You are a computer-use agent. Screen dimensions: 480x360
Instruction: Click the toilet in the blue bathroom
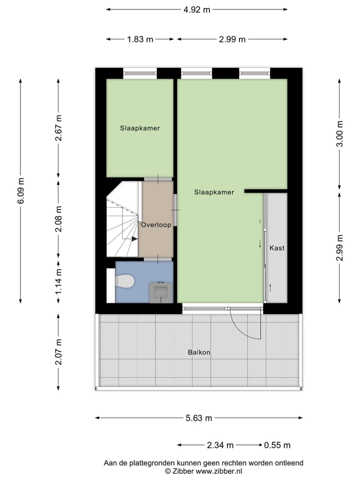(x=125, y=282)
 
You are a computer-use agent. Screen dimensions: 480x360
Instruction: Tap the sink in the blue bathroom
(x=161, y=291)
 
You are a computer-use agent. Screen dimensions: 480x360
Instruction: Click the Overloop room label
(x=156, y=225)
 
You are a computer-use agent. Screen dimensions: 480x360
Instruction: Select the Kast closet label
(x=276, y=248)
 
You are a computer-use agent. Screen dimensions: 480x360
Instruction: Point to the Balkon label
(x=199, y=352)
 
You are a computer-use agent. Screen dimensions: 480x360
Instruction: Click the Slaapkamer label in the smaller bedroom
(x=140, y=128)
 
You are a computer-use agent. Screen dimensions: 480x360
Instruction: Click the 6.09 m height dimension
(x=20, y=190)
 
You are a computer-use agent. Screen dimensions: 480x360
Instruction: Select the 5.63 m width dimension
(x=199, y=418)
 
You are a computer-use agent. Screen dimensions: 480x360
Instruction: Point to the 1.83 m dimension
(x=140, y=39)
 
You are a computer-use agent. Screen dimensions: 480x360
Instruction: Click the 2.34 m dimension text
(x=220, y=445)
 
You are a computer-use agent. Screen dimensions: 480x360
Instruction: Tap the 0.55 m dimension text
(x=277, y=445)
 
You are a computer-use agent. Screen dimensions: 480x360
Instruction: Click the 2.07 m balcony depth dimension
(x=59, y=352)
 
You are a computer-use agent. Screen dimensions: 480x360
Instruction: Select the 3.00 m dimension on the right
(x=340, y=134)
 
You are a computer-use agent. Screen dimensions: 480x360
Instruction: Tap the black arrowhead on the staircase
(x=134, y=239)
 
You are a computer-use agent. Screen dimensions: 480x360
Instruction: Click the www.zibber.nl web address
(x=219, y=471)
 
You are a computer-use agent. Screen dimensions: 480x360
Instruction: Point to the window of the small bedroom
(x=140, y=73)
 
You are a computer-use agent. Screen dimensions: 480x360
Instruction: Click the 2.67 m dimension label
(x=59, y=128)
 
